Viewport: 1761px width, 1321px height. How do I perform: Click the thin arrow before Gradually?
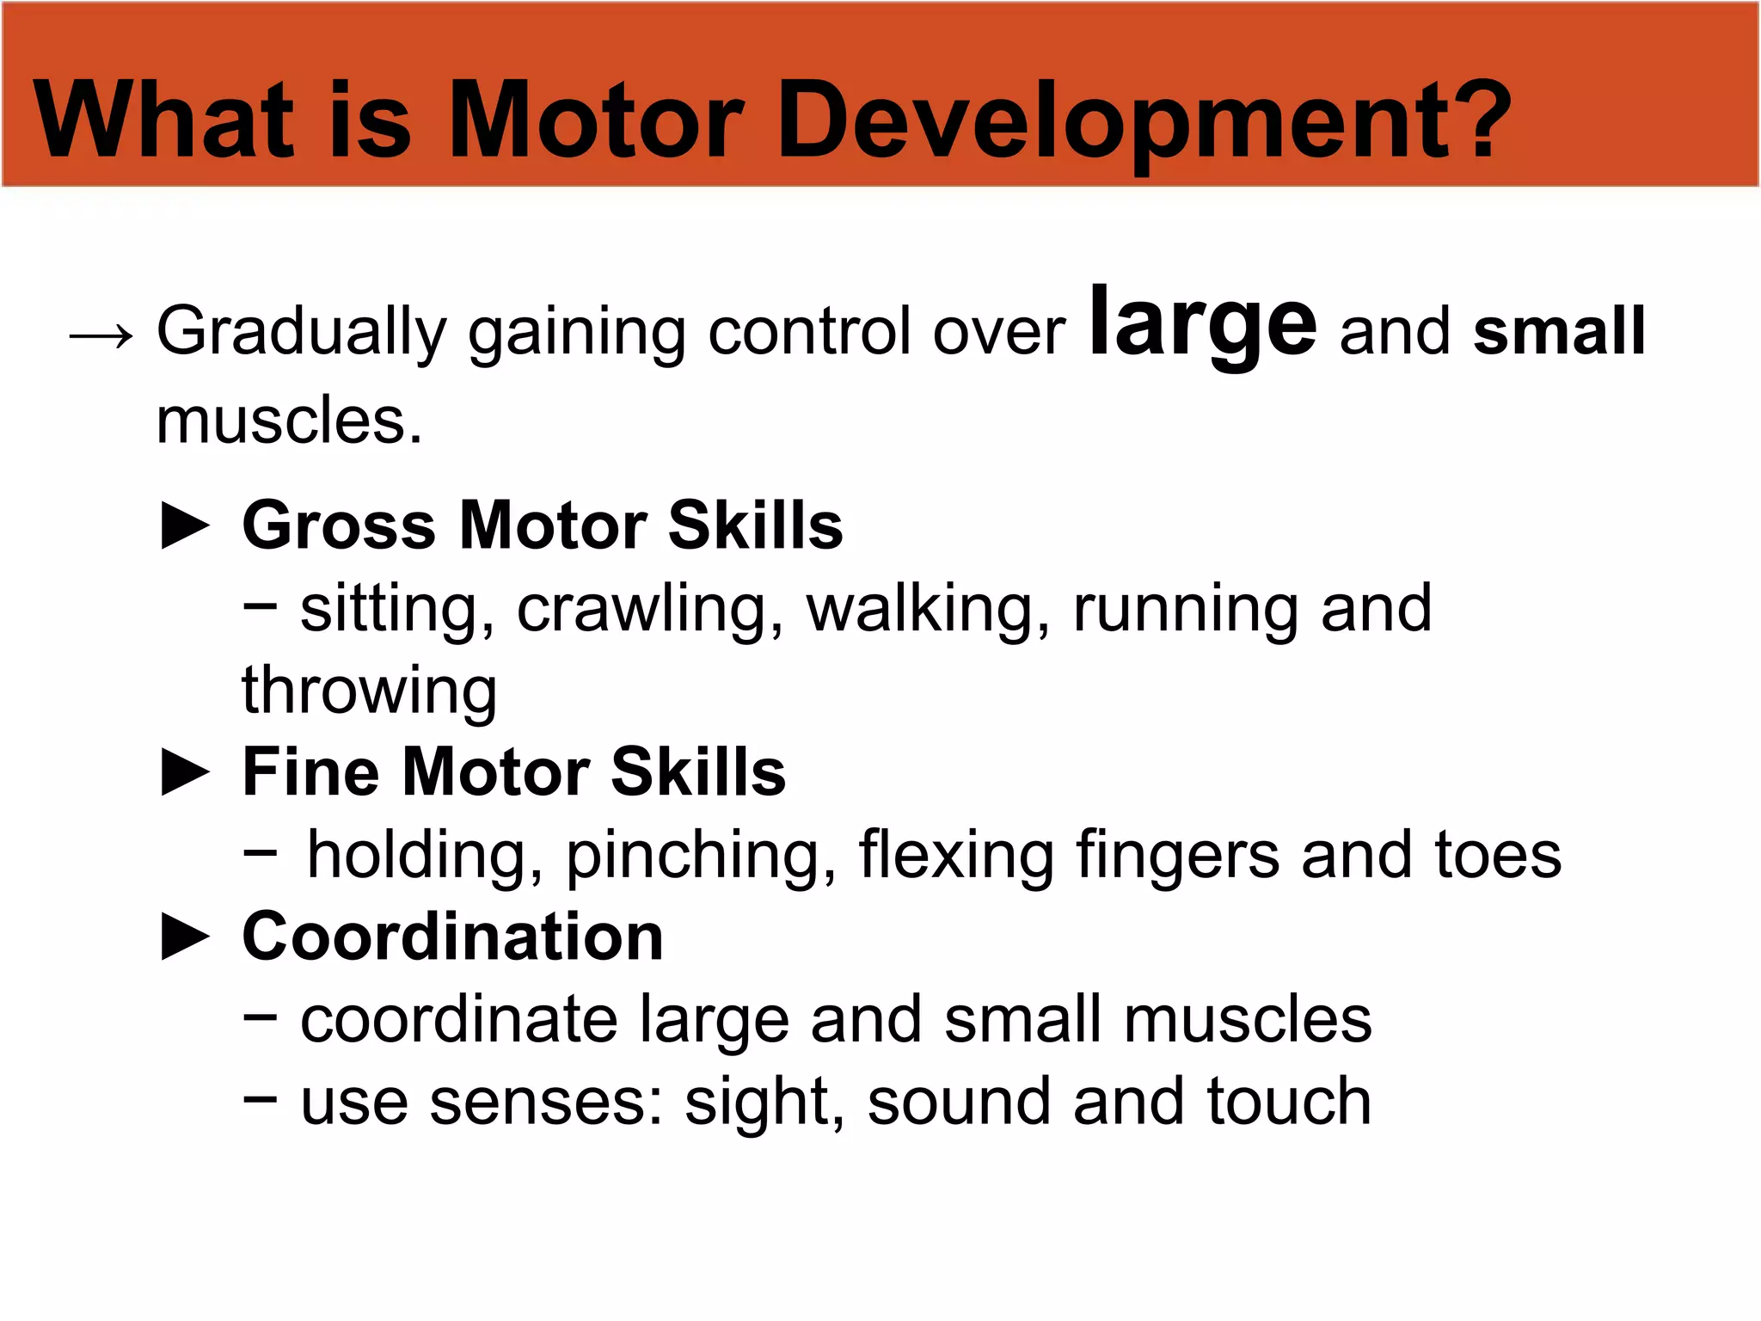pyautogui.click(x=101, y=335)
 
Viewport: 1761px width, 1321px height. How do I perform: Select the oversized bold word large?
pyautogui.click(x=1201, y=323)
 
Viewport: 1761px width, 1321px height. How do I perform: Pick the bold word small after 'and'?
pyautogui.click(x=1558, y=331)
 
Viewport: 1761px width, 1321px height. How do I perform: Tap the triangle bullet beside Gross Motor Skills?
pyautogui.click(x=186, y=525)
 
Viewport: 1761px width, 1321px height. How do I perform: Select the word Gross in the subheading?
pyautogui.click(x=339, y=525)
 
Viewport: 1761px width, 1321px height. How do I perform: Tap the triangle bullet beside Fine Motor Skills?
pyautogui.click(x=186, y=771)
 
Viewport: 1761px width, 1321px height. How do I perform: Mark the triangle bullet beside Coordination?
pyautogui.click(x=186, y=937)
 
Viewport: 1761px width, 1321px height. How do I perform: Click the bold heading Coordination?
pyautogui.click(x=452, y=937)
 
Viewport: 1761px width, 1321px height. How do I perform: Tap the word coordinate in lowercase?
pyautogui.click(x=459, y=1020)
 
